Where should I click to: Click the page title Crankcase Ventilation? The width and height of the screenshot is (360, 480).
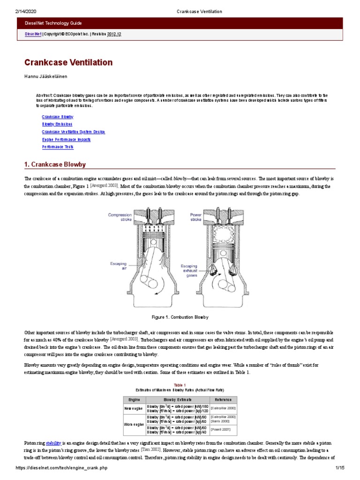point(68,62)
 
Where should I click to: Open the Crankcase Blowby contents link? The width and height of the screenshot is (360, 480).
point(58,117)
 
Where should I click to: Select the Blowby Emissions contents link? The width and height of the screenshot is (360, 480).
point(57,124)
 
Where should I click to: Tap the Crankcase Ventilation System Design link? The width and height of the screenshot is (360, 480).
point(73,132)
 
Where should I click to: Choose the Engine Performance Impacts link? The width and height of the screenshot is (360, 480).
point(66,139)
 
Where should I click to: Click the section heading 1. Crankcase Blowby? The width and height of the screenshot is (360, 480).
point(55,165)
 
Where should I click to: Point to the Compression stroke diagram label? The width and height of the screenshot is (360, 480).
point(120,217)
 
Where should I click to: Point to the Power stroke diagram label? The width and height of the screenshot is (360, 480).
point(195,217)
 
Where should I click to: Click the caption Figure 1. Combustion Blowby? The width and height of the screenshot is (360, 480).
point(180,317)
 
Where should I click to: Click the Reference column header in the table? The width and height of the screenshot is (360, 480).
point(223,400)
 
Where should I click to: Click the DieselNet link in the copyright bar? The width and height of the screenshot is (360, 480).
point(33,34)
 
